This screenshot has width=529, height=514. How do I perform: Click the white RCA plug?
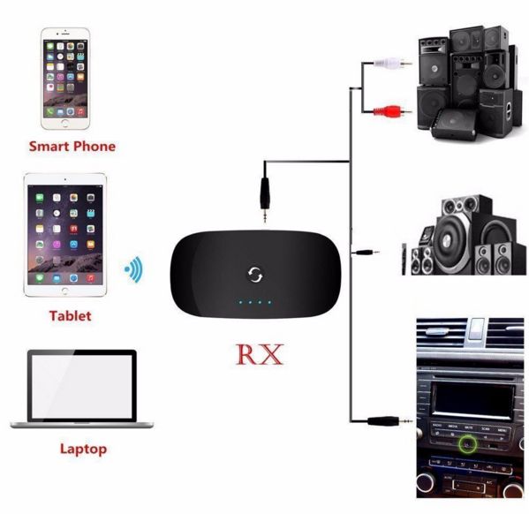(x=392, y=63)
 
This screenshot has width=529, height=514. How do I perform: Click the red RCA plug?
(x=392, y=111)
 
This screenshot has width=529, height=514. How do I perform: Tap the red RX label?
(x=260, y=354)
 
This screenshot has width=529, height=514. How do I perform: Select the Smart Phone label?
(x=72, y=147)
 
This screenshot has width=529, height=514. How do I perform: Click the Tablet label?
(x=70, y=316)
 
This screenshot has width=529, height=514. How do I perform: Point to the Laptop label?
(x=83, y=450)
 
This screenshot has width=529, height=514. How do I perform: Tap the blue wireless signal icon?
(x=134, y=269)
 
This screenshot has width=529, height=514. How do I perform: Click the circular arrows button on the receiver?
(x=255, y=274)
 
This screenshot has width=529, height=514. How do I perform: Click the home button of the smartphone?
(x=65, y=123)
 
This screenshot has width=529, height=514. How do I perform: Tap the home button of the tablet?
(x=64, y=291)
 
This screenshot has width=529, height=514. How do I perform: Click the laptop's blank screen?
(x=82, y=387)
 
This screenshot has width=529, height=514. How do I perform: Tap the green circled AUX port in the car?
(x=467, y=444)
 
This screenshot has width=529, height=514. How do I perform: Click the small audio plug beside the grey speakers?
(x=366, y=252)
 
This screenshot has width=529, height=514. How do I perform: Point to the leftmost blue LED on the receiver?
(x=240, y=302)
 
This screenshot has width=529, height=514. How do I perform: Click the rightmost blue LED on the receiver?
(x=269, y=302)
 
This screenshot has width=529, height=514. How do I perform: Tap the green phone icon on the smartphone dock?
(x=50, y=112)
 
